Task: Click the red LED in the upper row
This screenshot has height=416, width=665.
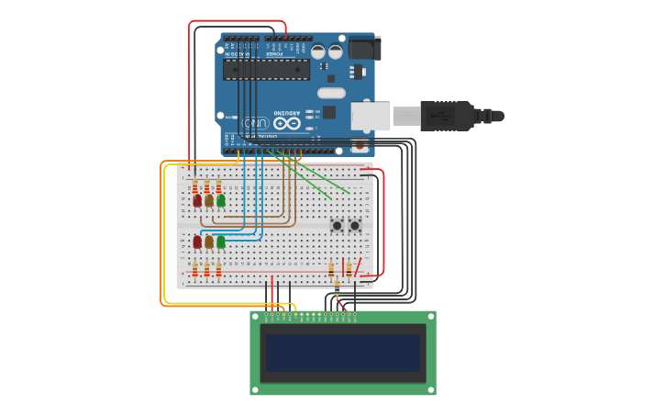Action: click(x=197, y=200)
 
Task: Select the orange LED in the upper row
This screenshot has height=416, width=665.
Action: click(x=209, y=200)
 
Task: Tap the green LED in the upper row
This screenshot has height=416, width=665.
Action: click(x=221, y=200)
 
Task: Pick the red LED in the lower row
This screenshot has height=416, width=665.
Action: click(x=197, y=242)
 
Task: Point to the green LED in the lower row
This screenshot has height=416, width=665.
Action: click(x=221, y=242)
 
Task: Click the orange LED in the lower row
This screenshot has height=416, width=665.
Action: click(x=209, y=242)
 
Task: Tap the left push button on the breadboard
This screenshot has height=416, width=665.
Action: click(x=338, y=225)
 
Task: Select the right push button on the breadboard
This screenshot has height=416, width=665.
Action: click(x=355, y=225)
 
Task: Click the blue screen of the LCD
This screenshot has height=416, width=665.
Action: click(x=342, y=353)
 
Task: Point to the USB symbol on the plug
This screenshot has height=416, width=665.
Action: click(x=439, y=116)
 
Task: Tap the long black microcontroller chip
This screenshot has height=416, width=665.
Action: click(x=266, y=69)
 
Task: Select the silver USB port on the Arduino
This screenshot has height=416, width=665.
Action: click(x=370, y=116)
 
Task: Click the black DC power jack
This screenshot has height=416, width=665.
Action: click(x=364, y=48)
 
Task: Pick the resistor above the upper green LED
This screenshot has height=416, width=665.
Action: click(x=218, y=186)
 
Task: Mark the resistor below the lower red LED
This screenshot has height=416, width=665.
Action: click(x=194, y=270)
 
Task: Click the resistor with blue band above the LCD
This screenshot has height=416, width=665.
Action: click(x=338, y=293)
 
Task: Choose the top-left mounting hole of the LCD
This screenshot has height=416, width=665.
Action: click(x=256, y=317)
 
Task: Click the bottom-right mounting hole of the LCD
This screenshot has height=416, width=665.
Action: click(x=430, y=389)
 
